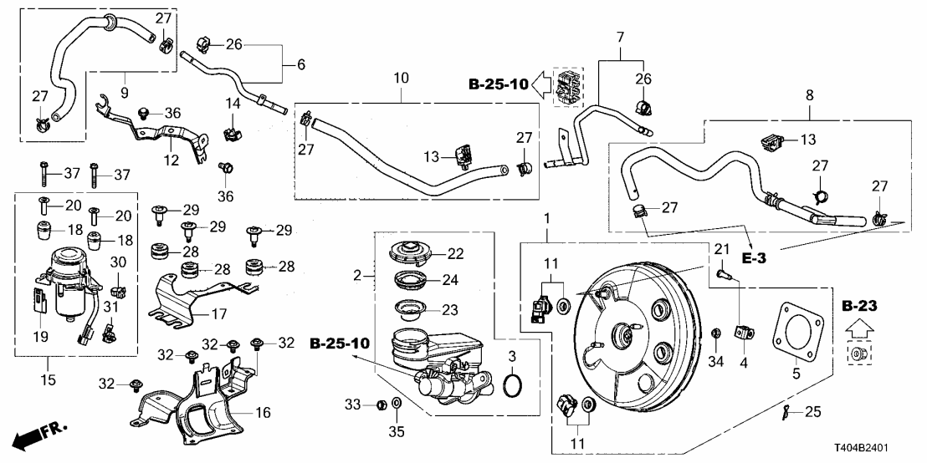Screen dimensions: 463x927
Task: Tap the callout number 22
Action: (454, 252)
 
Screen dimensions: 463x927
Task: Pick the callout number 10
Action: (401, 78)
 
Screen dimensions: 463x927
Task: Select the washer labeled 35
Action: (397, 405)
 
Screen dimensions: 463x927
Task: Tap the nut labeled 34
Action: (717, 335)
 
